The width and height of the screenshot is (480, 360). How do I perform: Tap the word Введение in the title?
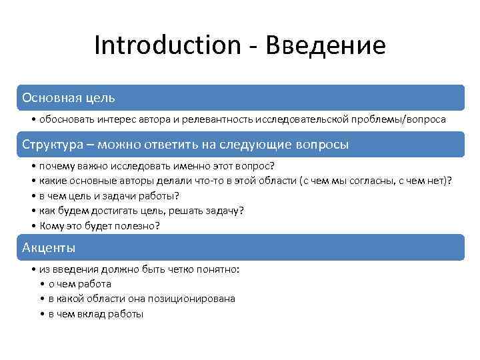click(x=325, y=45)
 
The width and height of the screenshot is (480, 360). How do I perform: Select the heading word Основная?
click(x=51, y=98)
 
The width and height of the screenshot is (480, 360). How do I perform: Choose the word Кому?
click(x=51, y=226)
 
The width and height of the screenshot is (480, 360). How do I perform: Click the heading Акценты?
click(x=49, y=248)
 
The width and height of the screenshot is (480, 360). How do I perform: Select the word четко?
click(x=169, y=269)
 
